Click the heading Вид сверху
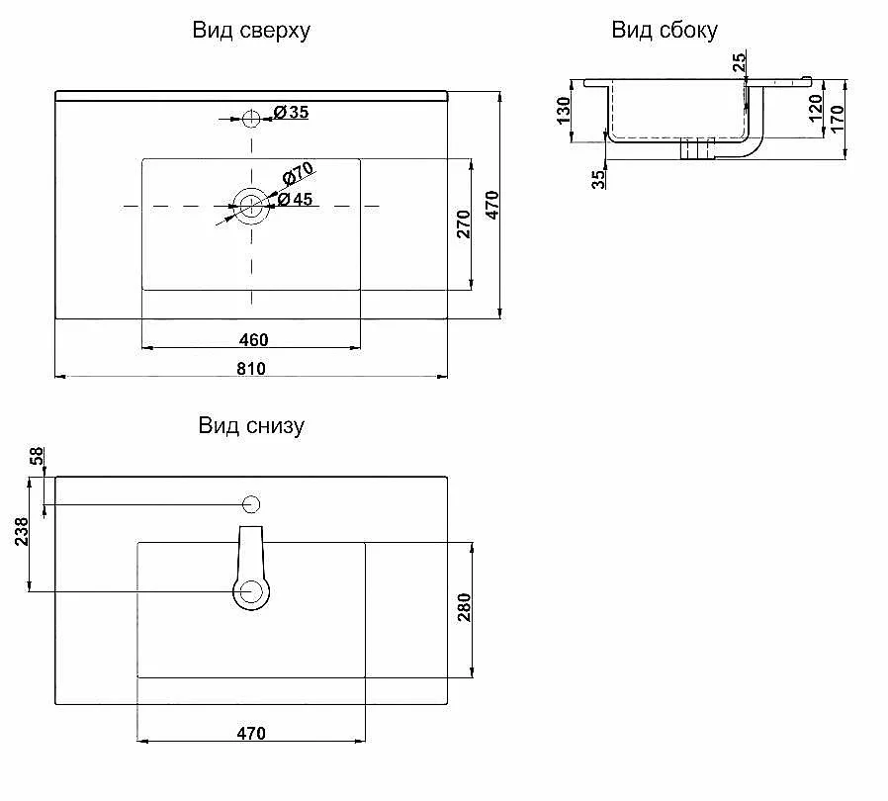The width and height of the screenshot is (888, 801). click(x=251, y=31)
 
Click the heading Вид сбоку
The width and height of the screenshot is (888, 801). click(x=665, y=31)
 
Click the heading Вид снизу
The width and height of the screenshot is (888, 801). click(x=251, y=426)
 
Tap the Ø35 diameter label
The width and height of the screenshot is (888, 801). click(x=291, y=113)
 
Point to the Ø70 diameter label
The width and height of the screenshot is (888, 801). click(x=298, y=175)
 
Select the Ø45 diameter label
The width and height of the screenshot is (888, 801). click(x=295, y=200)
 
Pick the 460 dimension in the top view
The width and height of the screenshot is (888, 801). click(x=253, y=339)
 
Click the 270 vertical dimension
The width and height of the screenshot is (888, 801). click(x=464, y=225)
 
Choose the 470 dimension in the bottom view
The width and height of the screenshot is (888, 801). click(x=251, y=733)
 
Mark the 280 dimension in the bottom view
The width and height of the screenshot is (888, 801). click(x=464, y=608)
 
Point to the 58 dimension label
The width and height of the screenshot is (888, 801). click(x=38, y=456)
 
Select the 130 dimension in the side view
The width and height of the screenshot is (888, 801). click(x=565, y=111)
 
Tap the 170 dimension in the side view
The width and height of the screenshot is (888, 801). click(x=837, y=119)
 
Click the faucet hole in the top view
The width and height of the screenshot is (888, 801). click(x=251, y=119)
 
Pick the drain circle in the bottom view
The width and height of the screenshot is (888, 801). click(x=251, y=592)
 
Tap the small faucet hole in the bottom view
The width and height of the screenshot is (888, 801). click(x=251, y=504)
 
